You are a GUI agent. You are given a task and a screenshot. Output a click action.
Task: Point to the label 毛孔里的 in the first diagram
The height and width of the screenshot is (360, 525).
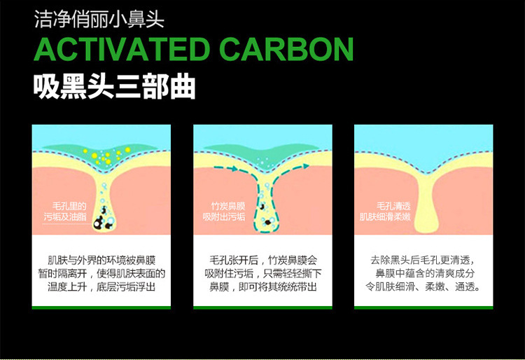coord(69,207)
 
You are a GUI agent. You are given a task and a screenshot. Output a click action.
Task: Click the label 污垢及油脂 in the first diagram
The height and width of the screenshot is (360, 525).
coord(64,218)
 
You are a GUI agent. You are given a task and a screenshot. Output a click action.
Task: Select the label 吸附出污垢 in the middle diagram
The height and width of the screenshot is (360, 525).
coord(224,218)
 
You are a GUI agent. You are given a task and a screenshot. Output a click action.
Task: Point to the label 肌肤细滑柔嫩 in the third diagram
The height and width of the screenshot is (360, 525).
coord(385,217)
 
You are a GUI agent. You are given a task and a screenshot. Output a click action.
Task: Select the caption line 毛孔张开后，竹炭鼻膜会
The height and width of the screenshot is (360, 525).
coord(262,259)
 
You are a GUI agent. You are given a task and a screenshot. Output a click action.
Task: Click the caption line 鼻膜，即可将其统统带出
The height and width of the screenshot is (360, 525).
coord(262,287)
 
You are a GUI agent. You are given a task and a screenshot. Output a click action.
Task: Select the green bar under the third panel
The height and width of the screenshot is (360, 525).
coord(423,306)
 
